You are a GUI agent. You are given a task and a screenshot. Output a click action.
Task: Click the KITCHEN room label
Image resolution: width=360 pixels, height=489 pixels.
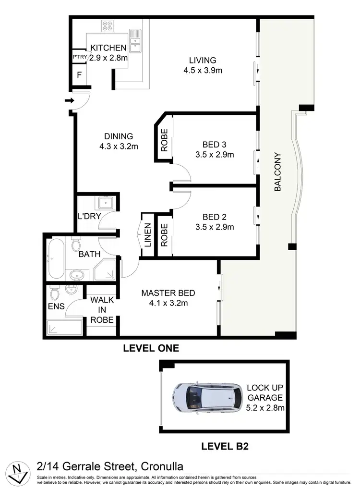(x=108, y=48)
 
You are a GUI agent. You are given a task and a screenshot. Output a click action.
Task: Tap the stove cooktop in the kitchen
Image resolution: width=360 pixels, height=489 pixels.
(x=107, y=26)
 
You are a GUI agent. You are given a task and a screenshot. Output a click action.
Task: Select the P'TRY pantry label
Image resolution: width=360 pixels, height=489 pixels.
(x=79, y=57)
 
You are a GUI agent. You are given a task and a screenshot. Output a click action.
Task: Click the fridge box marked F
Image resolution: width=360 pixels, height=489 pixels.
(x=79, y=75)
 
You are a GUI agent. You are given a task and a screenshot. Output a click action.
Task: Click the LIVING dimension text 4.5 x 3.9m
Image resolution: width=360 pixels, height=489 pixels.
(x=202, y=71)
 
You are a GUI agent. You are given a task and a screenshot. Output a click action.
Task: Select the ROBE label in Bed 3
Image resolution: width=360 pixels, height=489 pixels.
(x=164, y=140)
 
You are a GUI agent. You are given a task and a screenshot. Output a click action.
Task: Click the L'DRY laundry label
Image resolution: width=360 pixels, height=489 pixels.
(x=89, y=216)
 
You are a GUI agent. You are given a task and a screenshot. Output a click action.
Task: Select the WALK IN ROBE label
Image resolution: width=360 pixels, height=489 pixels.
(x=102, y=310)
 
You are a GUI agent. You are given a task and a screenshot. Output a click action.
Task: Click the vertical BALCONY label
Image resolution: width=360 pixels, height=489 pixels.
(x=277, y=172)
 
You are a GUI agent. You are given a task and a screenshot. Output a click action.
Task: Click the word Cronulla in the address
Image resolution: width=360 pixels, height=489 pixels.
(x=156, y=466)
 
